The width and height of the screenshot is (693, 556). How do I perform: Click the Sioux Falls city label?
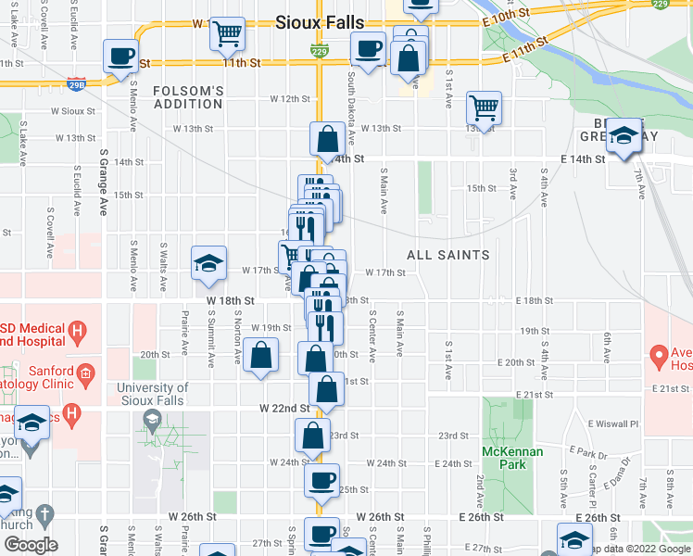320,23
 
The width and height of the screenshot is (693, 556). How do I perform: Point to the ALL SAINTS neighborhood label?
448,254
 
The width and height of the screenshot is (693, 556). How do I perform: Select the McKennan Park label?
504,457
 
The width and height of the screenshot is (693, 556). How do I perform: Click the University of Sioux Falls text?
153,394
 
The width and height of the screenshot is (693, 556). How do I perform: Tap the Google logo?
30,546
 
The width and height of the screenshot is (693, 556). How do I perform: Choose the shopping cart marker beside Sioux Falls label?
227,33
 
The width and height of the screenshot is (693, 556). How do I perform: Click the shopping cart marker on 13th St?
484,107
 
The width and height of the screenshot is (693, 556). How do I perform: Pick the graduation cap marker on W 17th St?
208,263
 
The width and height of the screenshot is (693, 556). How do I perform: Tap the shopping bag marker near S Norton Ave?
262,354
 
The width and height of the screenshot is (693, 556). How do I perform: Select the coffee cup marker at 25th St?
321,480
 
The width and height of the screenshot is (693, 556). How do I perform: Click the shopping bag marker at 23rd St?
313,434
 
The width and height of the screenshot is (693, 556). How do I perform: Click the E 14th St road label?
582,159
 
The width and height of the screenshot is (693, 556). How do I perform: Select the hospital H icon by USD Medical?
78,329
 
